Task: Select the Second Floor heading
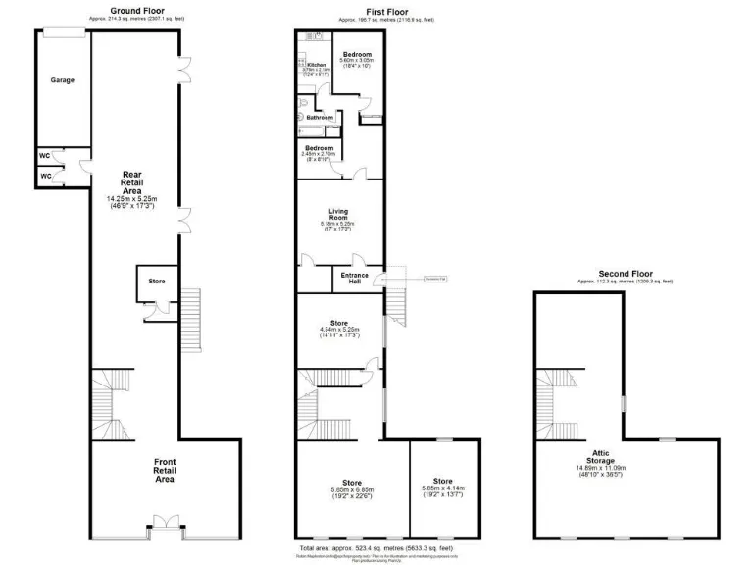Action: click(x=625, y=274)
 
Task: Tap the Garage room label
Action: click(x=63, y=80)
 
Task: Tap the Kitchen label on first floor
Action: click(x=316, y=65)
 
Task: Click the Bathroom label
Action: click(x=320, y=118)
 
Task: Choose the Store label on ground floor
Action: click(x=157, y=282)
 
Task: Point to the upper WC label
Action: click(x=45, y=155)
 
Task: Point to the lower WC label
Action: click(x=45, y=176)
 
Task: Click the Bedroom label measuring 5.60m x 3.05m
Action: click(x=356, y=55)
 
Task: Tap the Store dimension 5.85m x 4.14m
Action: click(x=443, y=488)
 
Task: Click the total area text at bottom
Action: click(x=376, y=547)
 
